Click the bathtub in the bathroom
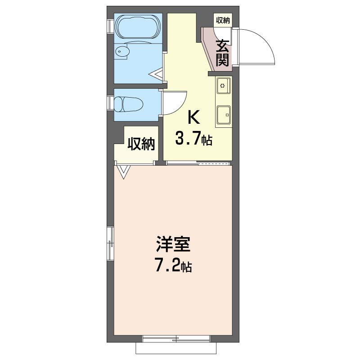click(138, 27)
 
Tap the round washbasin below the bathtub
click(122, 51)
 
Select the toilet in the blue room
click(128, 104)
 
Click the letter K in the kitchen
click(193, 117)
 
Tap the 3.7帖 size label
click(193, 139)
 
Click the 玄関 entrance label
click(222, 53)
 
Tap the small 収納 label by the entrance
click(223, 20)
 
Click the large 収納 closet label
click(141, 144)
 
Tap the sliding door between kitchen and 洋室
click(198, 163)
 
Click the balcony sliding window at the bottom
click(176, 338)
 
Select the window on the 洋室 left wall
click(111, 243)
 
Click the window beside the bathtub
click(111, 27)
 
